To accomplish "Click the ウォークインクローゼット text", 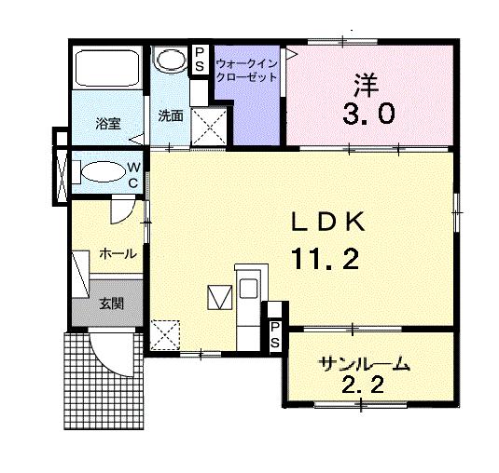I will click(246, 71).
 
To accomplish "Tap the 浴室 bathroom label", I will click(107, 123).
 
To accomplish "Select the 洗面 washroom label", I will click(170, 116).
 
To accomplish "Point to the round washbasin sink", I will click(171, 60).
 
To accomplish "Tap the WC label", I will click(133, 174).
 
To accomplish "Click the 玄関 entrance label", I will click(110, 304).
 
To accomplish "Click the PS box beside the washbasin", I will click(200, 59).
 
